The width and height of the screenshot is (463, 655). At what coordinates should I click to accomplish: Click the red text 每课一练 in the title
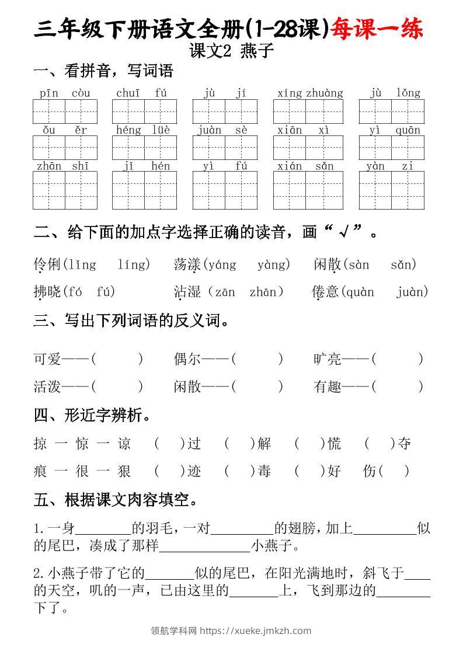377,29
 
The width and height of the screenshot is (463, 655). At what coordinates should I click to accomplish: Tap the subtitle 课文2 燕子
231,51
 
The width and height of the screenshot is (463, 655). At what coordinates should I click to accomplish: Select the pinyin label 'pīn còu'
65,93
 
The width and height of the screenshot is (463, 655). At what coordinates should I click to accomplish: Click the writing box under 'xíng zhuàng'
308,112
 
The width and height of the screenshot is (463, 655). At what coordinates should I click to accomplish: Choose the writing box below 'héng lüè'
144,148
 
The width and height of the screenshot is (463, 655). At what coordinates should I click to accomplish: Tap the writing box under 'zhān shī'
65,190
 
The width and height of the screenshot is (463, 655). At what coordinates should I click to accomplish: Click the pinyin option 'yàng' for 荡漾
273,264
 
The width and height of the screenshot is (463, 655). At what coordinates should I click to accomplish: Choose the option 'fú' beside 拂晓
105,291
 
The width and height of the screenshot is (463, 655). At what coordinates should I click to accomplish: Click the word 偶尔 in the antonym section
187,359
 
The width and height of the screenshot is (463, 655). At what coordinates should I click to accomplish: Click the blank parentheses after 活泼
117,386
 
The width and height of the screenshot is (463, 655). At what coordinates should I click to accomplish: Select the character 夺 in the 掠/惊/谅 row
404,444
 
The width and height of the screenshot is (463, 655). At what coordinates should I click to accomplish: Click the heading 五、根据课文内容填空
116,500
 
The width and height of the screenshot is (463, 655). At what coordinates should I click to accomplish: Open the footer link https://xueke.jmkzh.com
255,630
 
